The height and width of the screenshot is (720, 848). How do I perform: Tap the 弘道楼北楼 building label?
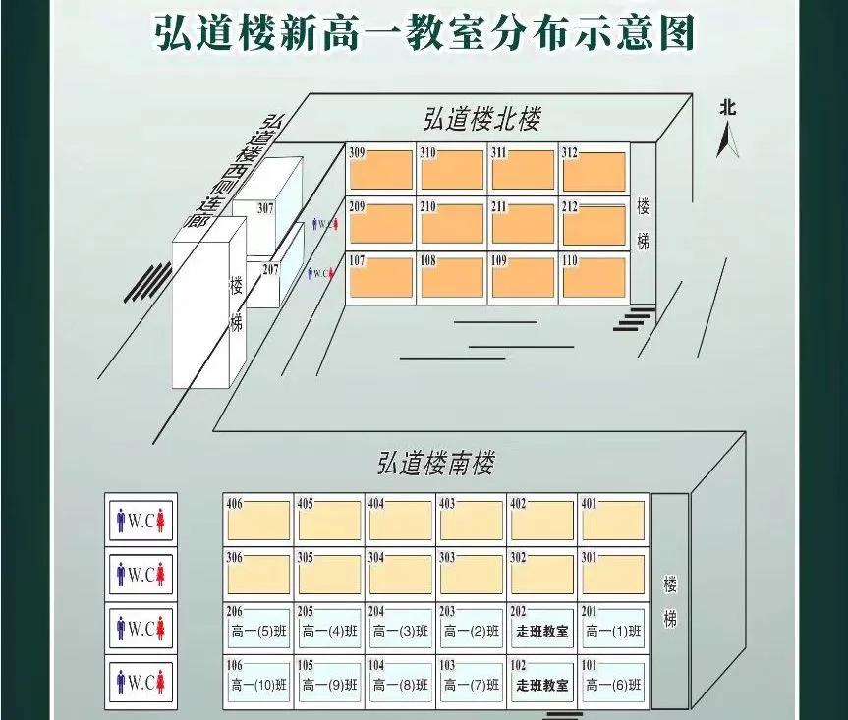[481, 119]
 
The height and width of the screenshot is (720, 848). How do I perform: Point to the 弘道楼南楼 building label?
[435, 463]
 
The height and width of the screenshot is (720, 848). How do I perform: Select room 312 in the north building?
[594, 169]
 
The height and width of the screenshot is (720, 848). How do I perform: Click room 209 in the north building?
[380, 223]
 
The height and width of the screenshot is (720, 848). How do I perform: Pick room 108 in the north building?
[452, 277]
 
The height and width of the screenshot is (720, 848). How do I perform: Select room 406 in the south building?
[258, 520]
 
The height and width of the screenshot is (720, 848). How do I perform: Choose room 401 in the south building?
[613, 520]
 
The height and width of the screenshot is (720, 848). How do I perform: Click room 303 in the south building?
[471, 574]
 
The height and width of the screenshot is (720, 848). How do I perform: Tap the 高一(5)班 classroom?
[258, 628]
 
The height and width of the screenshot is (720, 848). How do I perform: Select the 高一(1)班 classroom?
[613, 628]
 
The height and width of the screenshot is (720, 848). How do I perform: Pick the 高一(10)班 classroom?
[258, 682]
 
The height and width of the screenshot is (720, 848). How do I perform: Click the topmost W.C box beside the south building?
[141, 521]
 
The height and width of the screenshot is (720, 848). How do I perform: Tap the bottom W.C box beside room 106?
[141, 682]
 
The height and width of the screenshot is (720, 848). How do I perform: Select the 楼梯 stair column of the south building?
[670, 600]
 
